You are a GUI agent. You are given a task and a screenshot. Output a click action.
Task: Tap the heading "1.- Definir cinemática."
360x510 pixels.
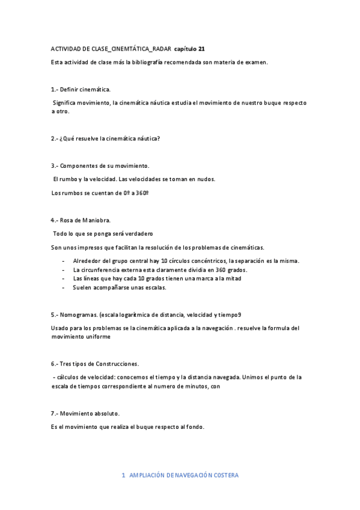pos(81,89)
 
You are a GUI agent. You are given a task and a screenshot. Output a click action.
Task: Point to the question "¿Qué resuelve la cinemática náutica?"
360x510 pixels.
pos(109,138)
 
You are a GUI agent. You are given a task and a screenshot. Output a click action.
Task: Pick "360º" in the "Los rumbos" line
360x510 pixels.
pos(140,193)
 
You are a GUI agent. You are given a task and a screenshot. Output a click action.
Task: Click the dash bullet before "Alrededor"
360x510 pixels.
pos(64,261)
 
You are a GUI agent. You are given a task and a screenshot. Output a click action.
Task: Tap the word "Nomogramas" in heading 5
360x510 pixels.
pos(79,315)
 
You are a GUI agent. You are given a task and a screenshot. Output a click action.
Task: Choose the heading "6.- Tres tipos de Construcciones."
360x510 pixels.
pos(95,364)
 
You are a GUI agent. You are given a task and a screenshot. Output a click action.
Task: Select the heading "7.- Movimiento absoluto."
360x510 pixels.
pos(85,414)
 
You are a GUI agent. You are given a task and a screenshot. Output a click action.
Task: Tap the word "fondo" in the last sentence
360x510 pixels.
pos(195,427)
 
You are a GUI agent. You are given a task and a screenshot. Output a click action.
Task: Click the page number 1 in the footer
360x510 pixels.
pos(123,475)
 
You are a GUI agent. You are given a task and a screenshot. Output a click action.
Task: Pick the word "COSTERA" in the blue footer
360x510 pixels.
pos(225,475)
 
